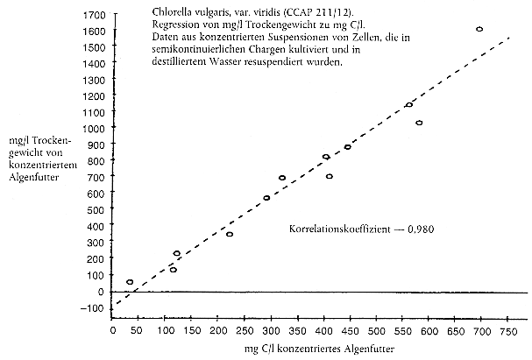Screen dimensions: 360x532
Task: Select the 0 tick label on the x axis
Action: click(x=112, y=332)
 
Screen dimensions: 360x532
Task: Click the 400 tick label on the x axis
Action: click(x=324, y=332)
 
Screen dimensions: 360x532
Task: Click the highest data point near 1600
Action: click(x=479, y=30)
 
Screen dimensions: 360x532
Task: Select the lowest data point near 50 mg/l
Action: click(x=130, y=283)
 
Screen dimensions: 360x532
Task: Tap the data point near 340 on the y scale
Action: click(x=230, y=235)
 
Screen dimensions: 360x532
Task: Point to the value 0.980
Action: click(x=421, y=229)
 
